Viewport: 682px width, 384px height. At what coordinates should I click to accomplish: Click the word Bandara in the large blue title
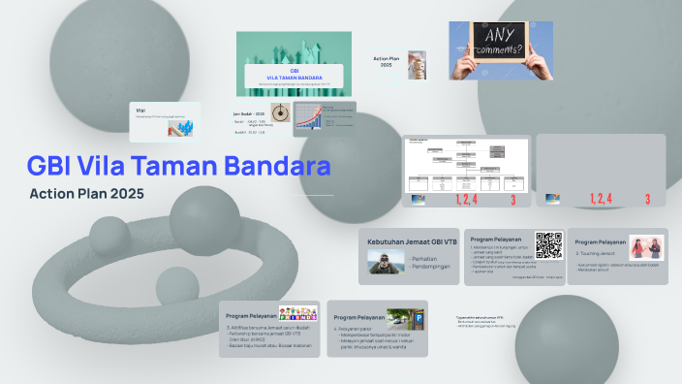point(281,166)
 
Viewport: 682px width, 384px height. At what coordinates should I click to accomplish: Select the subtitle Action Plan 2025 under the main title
point(86,194)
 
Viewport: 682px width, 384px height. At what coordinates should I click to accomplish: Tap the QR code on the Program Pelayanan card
point(548,245)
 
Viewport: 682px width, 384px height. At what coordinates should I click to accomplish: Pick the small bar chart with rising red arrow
point(312,117)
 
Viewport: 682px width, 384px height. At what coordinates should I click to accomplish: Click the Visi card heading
point(140,110)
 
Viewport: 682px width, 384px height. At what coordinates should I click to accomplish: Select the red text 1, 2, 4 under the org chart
point(467,199)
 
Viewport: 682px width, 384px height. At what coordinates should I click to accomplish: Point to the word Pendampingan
point(432,267)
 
